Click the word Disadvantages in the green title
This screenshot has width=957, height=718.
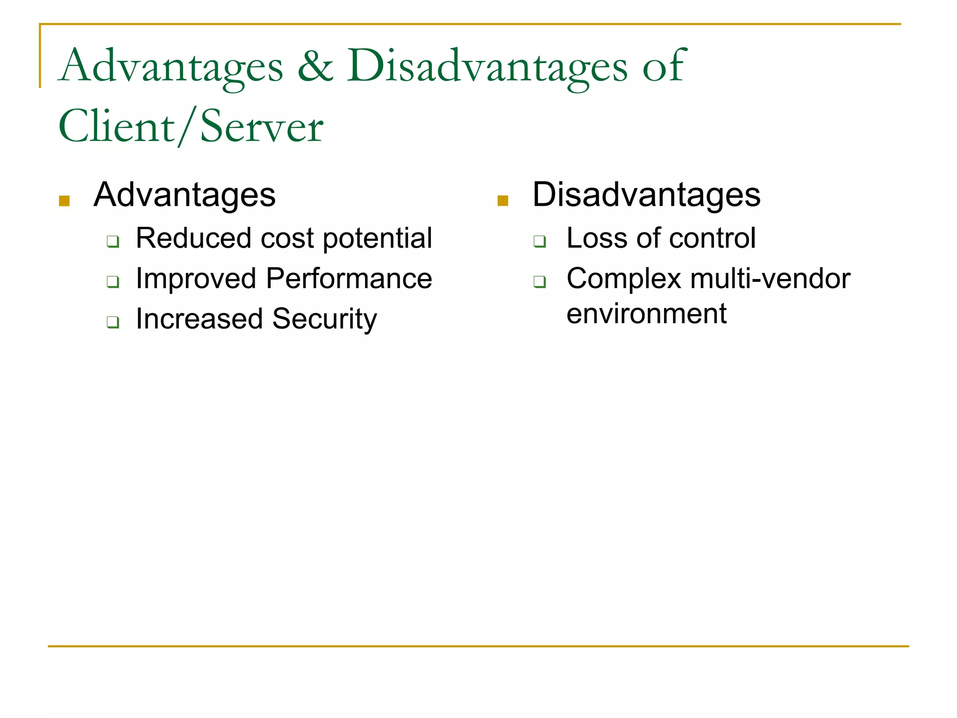pyautogui.click(x=486, y=67)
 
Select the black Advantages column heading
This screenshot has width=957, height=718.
pyautogui.click(x=185, y=195)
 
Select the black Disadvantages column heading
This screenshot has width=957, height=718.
pyautogui.click(x=646, y=195)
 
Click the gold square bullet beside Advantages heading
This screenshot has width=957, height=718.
pyautogui.click(x=64, y=201)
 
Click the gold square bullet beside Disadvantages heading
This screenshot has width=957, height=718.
pyautogui.click(x=503, y=201)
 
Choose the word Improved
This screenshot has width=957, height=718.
pyautogui.click(x=196, y=280)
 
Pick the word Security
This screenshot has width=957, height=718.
pyautogui.click(x=324, y=320)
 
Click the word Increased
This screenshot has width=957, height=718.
pyautogui.click(x=199, y=319)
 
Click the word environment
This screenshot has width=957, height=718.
pyautogui.click(x=646, y=314)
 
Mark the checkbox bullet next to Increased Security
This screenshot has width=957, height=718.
pyautogui.click(x=113, y=323)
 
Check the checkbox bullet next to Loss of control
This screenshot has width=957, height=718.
pyautogui.click(x=540, y=242)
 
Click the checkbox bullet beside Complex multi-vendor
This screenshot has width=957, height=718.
pyautogui.click(x=540, y=282)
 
